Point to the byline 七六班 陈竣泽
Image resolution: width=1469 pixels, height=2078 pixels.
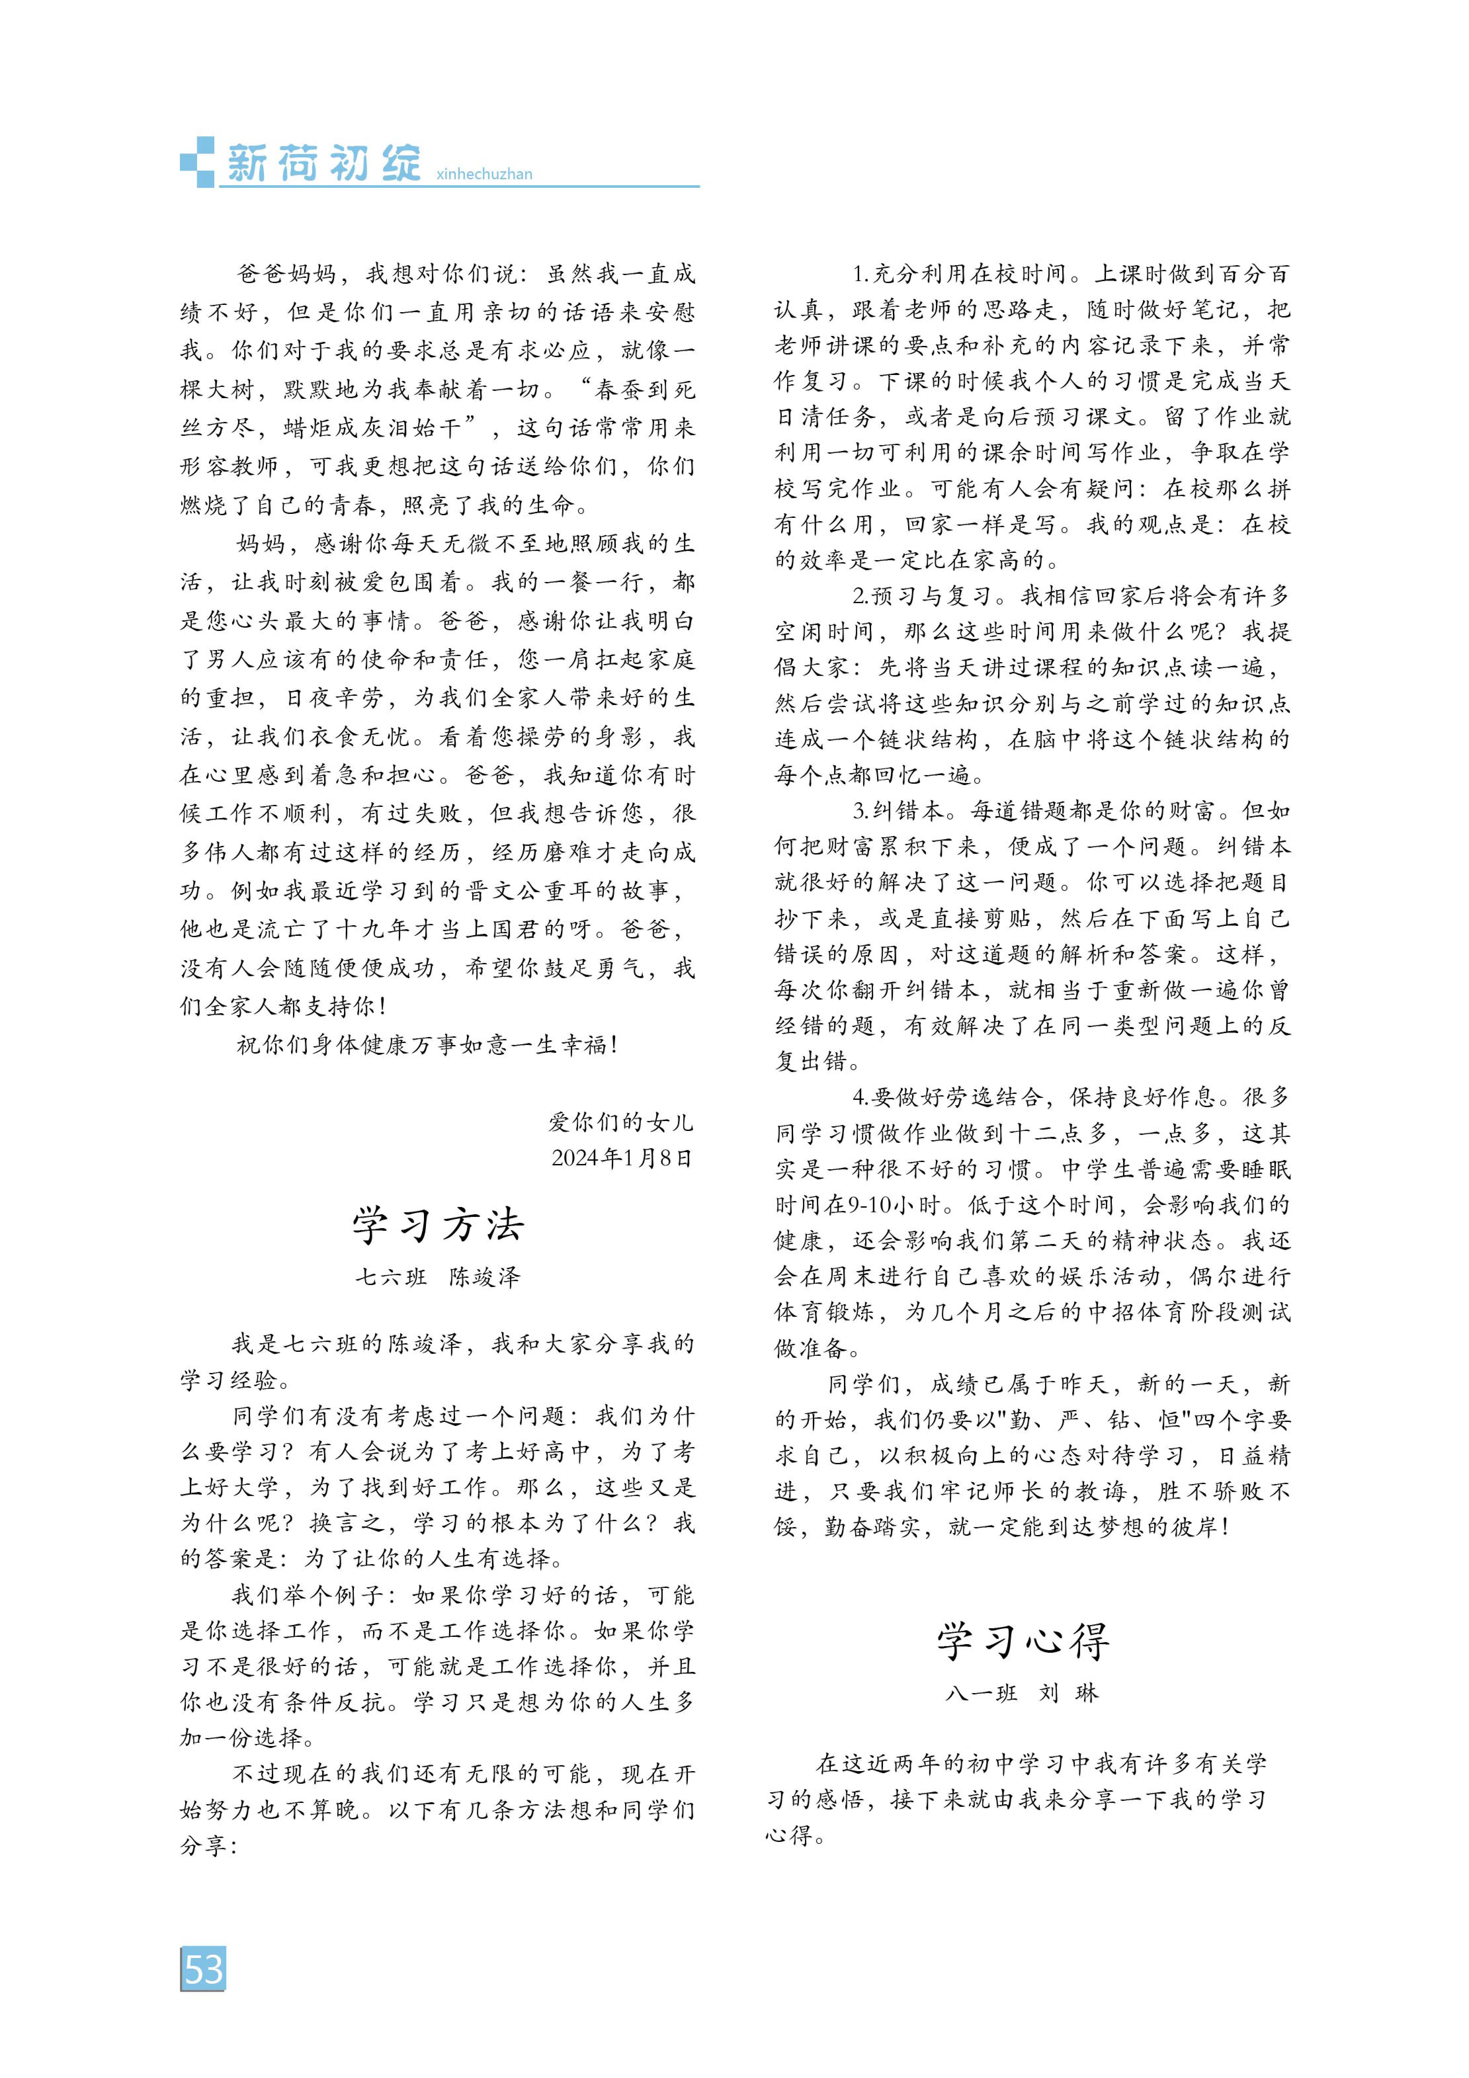[438, 1277]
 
